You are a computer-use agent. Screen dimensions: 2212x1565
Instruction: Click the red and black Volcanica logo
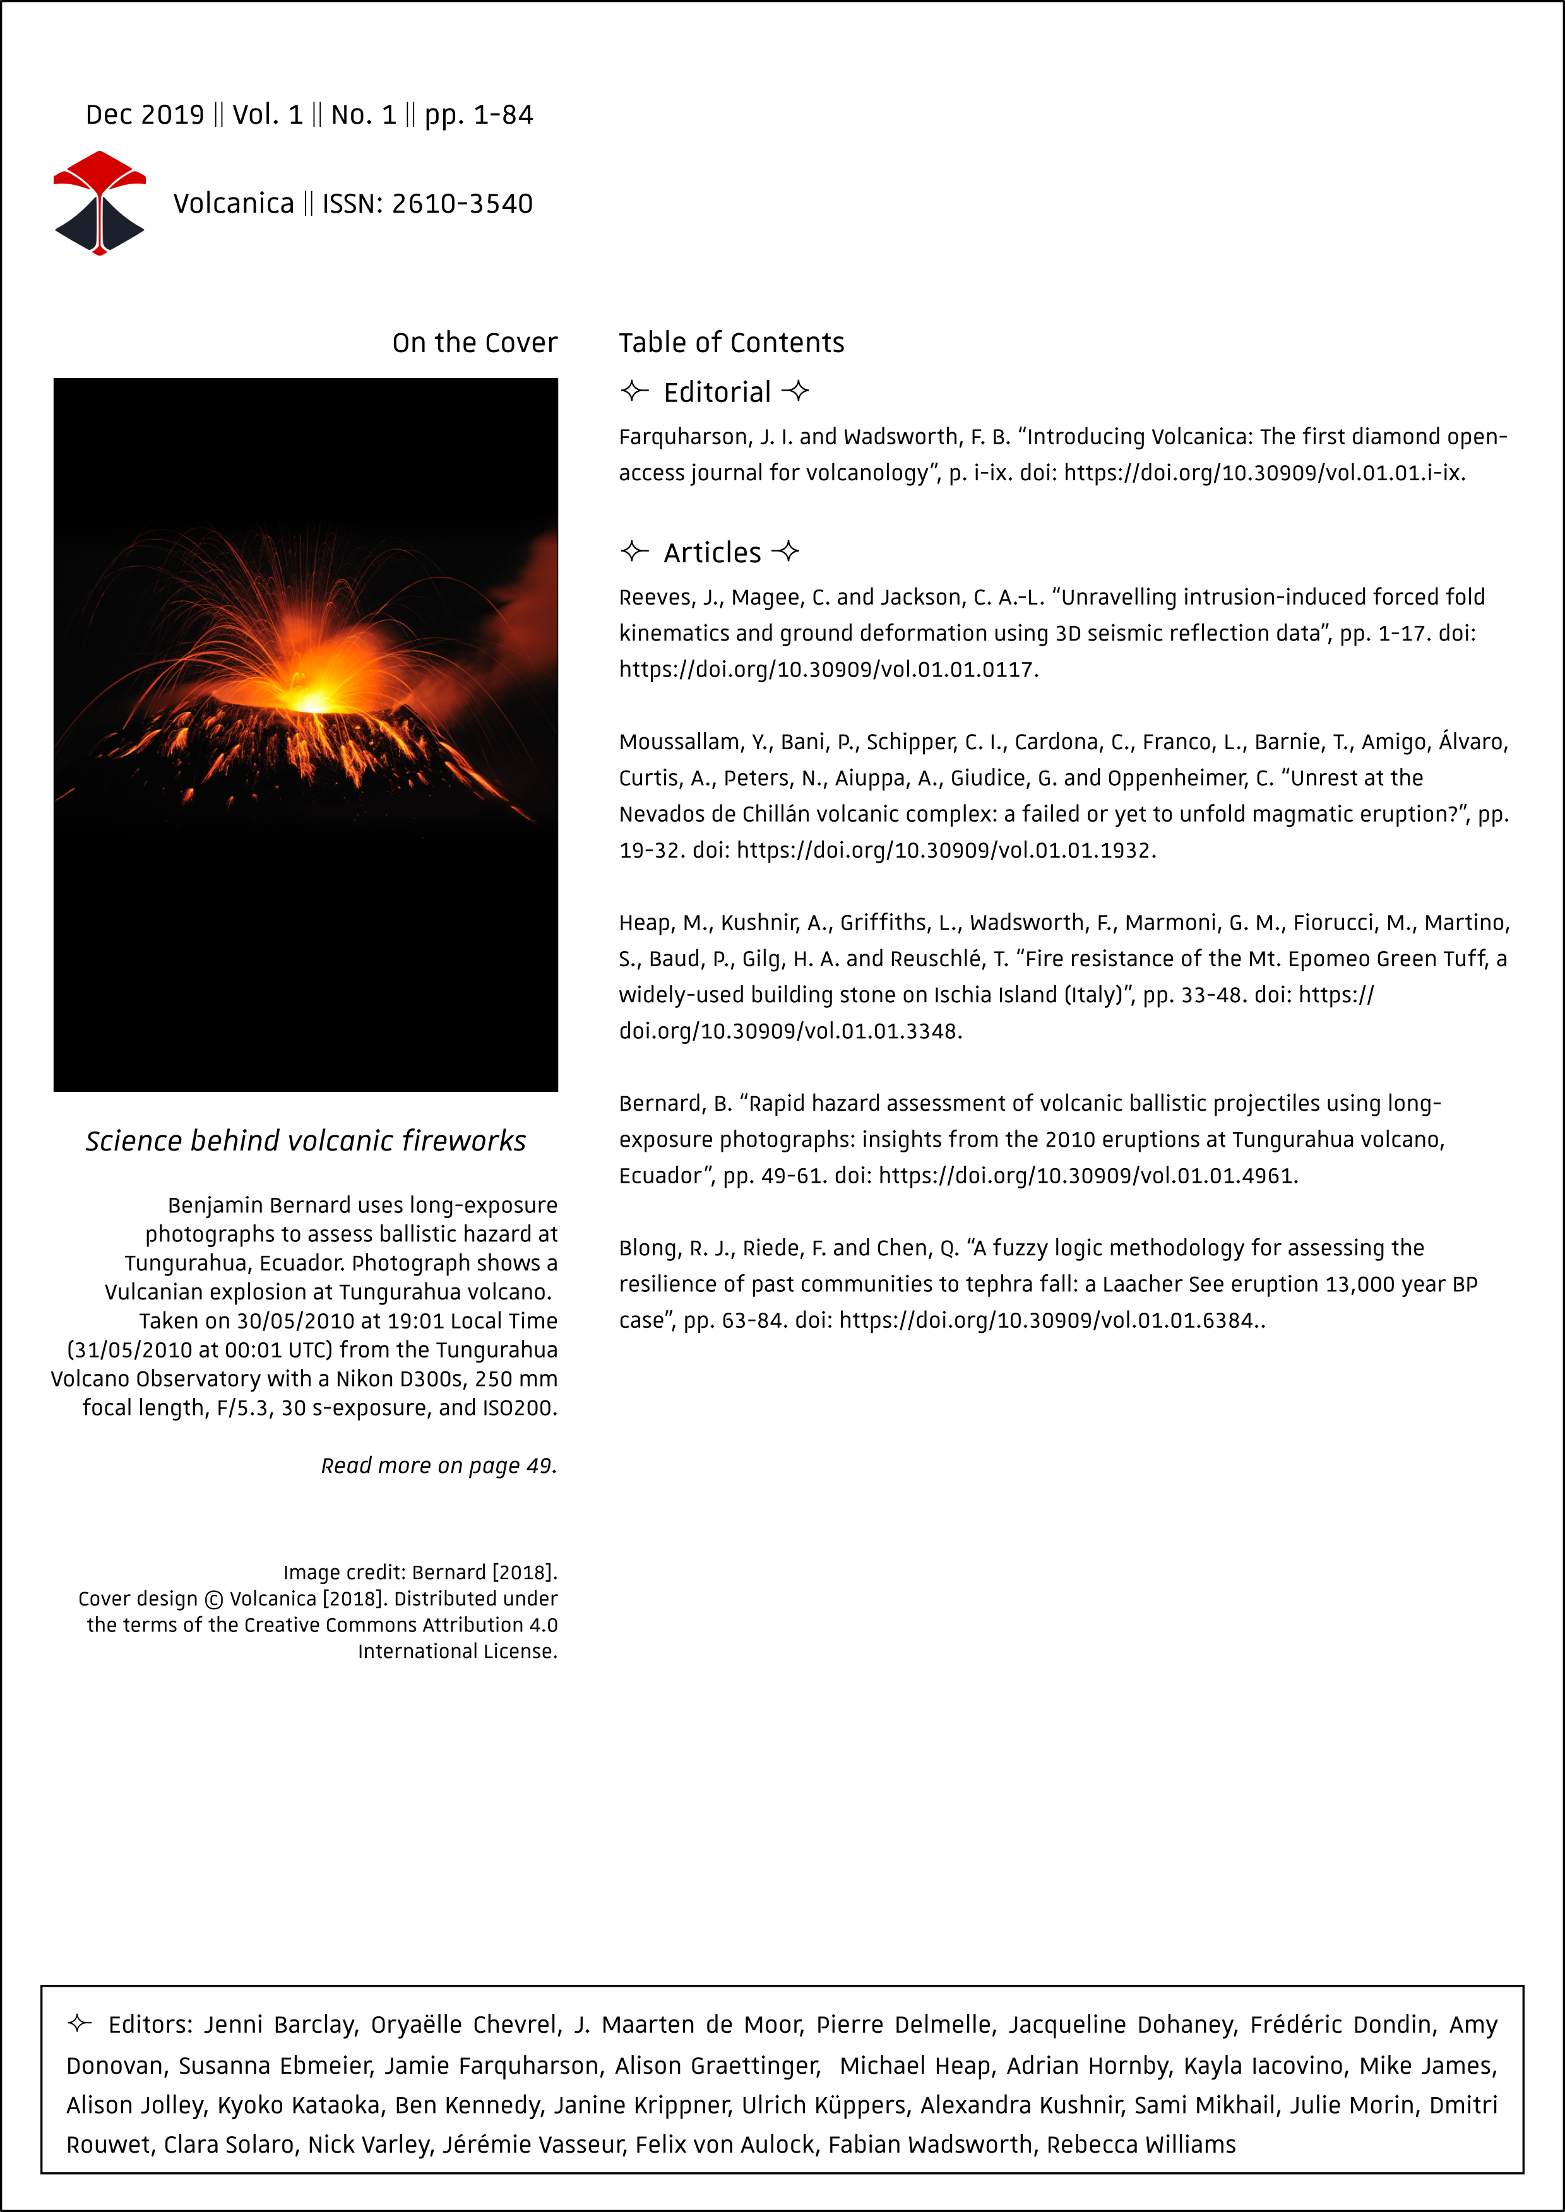tap(99, 203)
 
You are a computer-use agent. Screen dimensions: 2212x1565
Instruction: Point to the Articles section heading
tap(712, 553)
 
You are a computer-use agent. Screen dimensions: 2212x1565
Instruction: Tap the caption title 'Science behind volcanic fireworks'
tap(306, 1140)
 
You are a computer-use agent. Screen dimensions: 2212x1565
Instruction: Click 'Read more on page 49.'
tap(439, 1465)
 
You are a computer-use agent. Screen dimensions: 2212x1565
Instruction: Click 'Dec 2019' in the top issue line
tap(145, 115)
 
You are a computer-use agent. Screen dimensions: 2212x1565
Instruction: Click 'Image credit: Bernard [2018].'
tap(420, 1572)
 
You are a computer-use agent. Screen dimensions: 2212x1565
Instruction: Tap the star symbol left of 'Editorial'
tap(633, 391)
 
